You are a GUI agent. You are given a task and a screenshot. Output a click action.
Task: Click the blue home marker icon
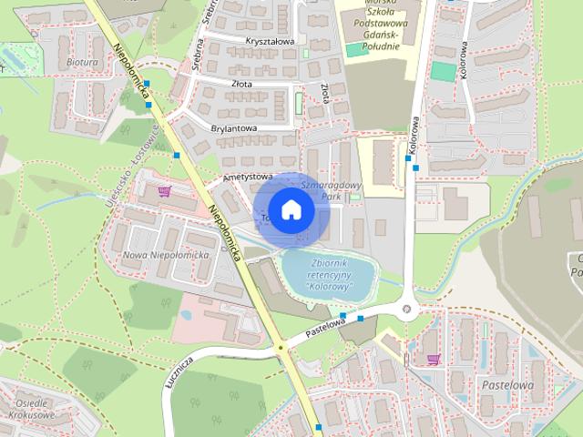[x=290, y=209]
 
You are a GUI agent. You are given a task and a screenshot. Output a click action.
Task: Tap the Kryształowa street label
[x=270, y=41]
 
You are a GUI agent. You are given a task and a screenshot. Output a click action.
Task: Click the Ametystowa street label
[x=247, y=176]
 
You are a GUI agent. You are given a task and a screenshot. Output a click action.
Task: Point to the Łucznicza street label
[x=179, y=369]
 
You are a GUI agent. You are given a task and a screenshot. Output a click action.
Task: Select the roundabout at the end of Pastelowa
[x=406, y=309]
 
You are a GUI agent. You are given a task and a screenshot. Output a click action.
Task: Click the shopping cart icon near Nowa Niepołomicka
[x=165, y=191]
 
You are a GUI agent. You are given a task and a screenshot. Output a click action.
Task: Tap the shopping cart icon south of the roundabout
[x=434, y=358]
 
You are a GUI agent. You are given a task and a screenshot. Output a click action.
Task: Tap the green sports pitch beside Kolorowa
[x=442, y=71]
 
